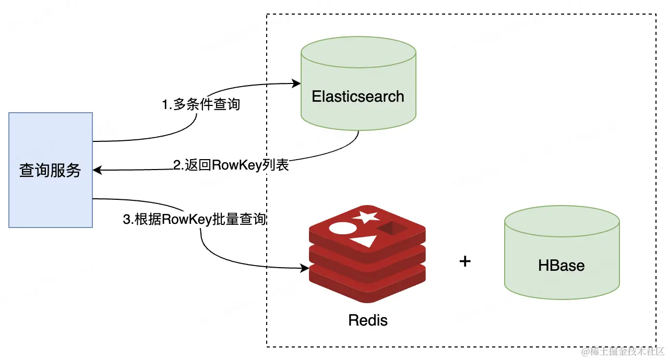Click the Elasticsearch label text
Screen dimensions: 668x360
358,97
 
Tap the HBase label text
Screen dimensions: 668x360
561,265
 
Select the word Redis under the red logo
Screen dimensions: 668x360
368,320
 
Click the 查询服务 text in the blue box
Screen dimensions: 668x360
50,171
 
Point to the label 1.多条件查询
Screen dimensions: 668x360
201,104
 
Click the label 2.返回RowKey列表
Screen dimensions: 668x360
231,165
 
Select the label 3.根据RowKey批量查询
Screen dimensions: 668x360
194,219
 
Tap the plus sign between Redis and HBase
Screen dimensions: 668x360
465,261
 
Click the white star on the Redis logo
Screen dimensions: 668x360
366,217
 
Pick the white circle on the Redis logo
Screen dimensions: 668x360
343,229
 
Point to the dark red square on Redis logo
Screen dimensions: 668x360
392,228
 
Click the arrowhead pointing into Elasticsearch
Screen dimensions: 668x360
296,83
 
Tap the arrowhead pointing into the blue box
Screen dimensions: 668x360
98,170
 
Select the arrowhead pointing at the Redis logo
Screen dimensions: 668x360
304,268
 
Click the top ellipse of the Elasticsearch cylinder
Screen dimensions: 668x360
359,53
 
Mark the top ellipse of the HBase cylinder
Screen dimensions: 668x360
562,221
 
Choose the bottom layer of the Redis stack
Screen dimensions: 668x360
367,283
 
